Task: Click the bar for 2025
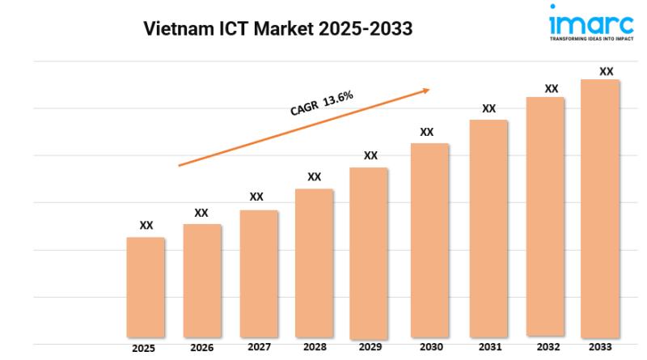click(146, 287)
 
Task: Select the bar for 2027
click(259, 273)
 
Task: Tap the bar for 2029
click(369, 252)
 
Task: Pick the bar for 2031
click(488, 228)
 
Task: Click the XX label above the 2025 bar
click(146, 226)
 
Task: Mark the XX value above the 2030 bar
click(427, 132)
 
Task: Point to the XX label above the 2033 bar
click(606, 72)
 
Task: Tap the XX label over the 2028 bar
click(315, 176)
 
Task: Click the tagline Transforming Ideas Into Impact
click(591, 37)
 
